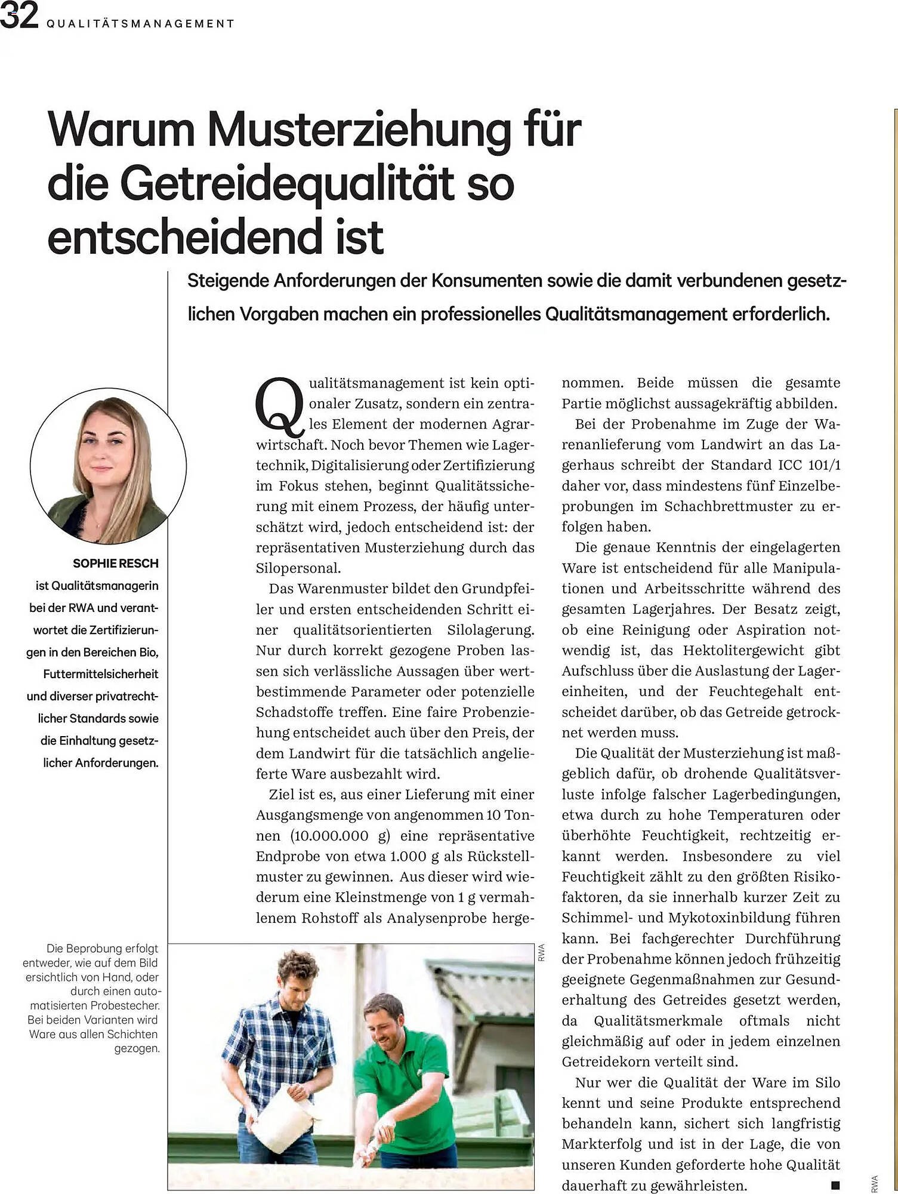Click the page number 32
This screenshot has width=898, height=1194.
pyautogui.click(x=19, y=16)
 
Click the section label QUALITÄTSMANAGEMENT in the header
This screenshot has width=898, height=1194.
pyautogui.click(x=140, y=24)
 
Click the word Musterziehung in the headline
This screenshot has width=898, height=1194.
pyautogui.click(x=359, y=130)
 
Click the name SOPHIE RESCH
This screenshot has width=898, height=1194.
pyautogui.click(x=116, y=564)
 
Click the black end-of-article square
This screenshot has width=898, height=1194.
pyautogui.click(x=835, y=1185)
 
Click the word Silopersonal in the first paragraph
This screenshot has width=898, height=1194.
pyautogui.click(x=298, y=568)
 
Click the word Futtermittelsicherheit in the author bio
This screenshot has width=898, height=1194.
pyautogui.click(x=100, y=675)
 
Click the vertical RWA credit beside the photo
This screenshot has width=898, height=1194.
pyautogui.click(x=542, y=952)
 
